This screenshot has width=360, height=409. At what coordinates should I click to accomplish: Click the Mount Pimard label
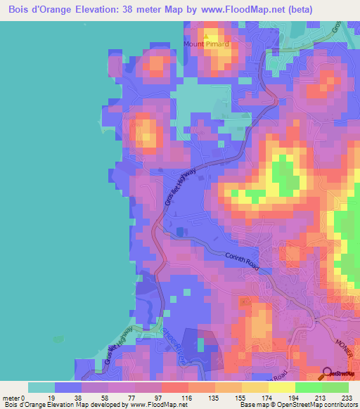point(207,44)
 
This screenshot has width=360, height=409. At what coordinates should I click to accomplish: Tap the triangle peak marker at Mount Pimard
point(206,36)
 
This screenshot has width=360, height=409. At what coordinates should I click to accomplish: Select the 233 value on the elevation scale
point(345,397)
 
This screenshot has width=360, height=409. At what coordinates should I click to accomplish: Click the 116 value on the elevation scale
point(168,397)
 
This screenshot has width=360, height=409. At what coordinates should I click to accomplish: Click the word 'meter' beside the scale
point(12,397)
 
